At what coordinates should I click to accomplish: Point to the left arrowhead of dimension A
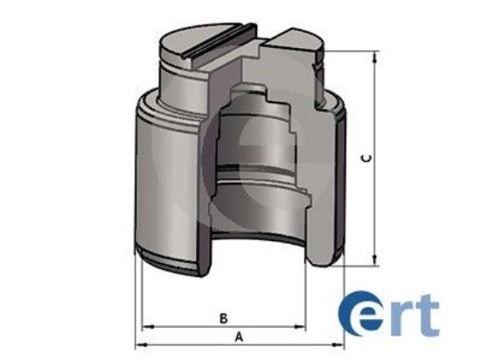140,344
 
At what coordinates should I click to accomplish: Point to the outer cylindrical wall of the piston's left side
166,183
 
